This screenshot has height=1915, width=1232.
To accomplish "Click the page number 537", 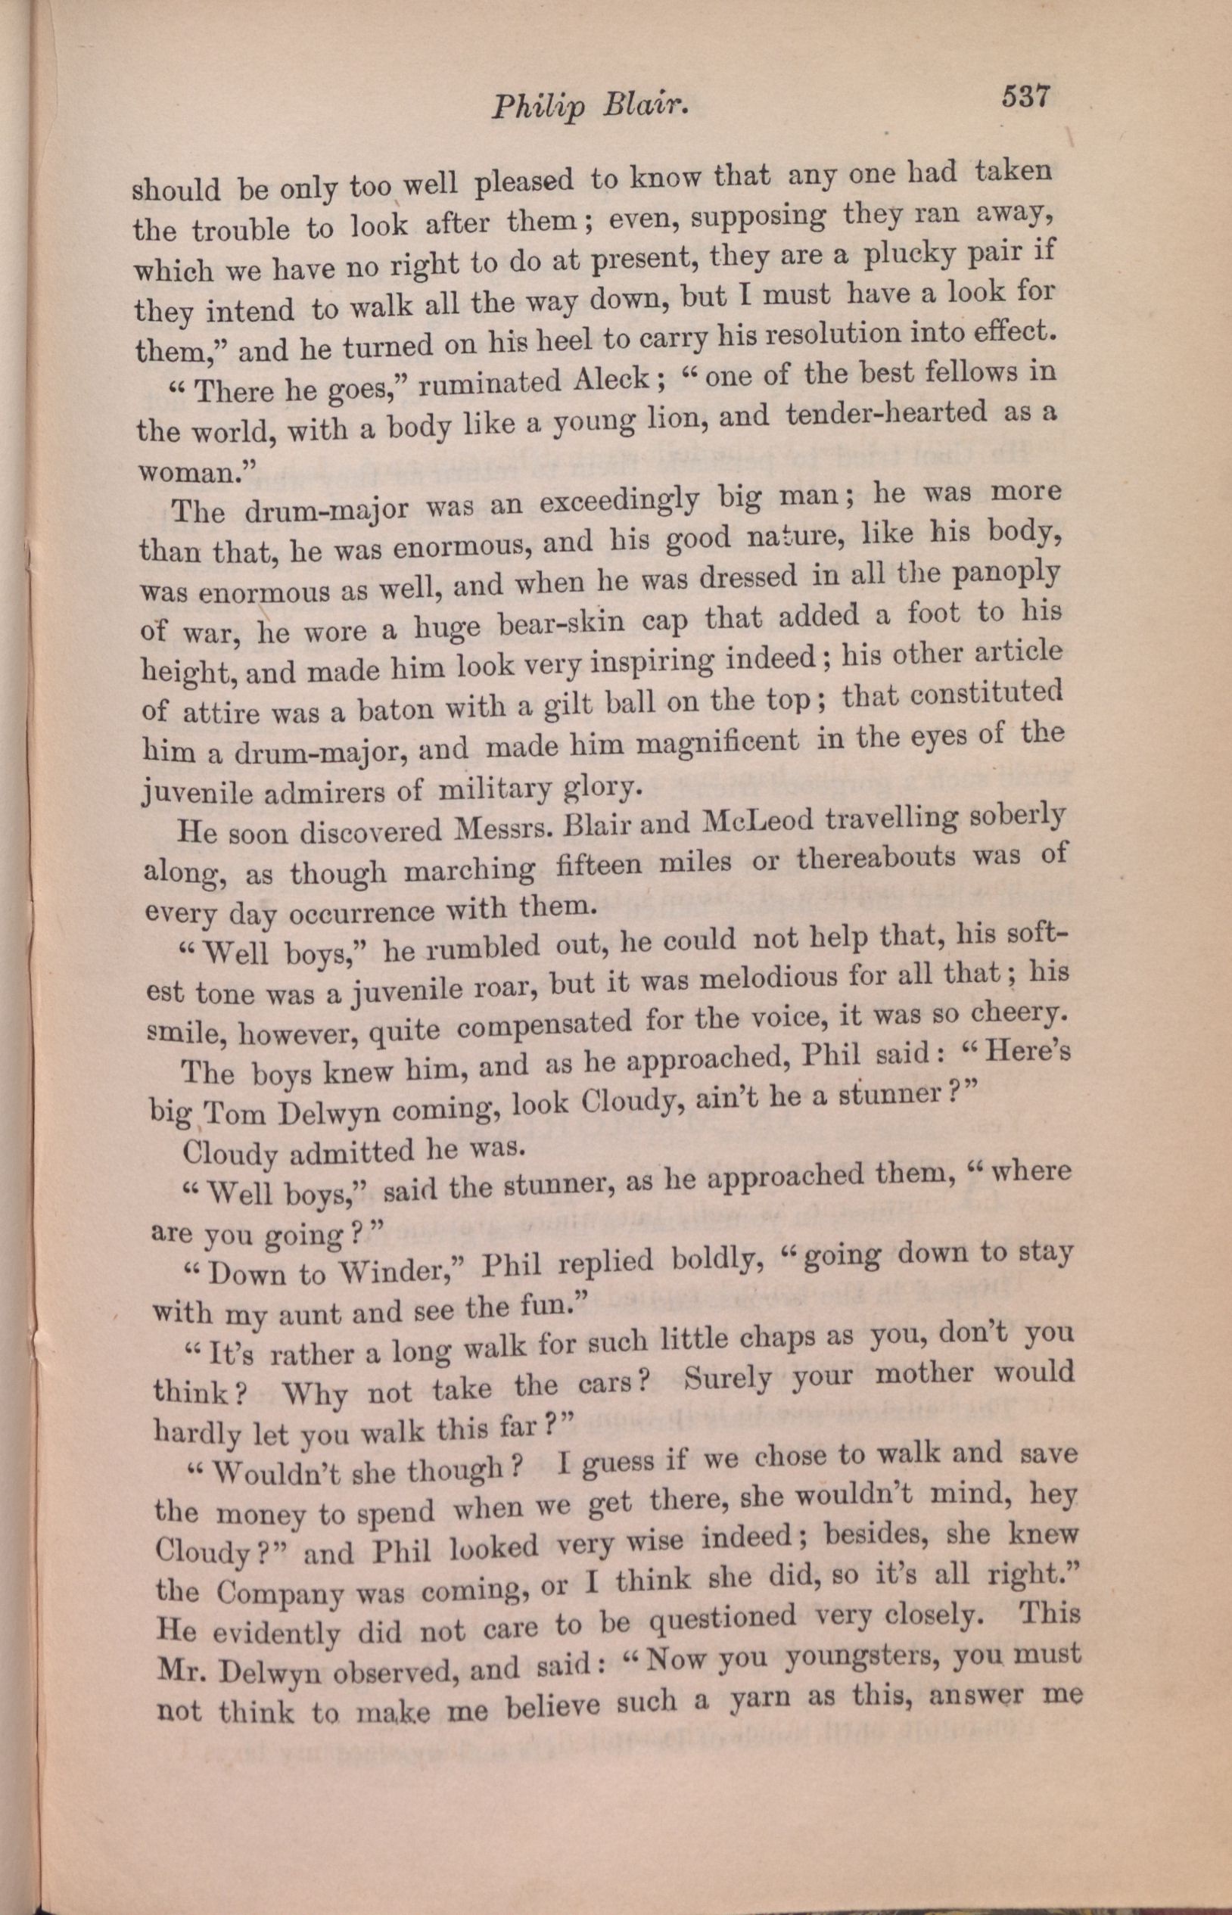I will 1023,97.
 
